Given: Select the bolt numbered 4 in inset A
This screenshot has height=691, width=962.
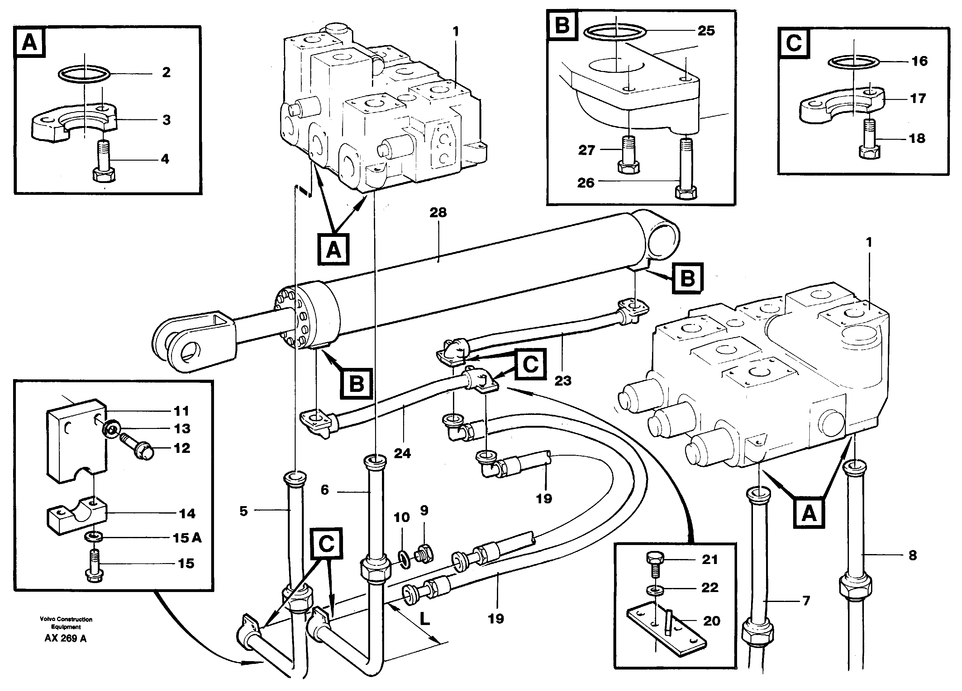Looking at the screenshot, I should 103,163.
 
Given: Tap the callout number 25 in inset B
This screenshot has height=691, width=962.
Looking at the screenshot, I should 706,31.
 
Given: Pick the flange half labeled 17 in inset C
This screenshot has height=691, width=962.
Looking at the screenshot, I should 842,105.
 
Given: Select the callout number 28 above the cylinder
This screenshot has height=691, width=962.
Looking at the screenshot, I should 438,212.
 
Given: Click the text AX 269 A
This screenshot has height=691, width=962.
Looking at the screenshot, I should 65,638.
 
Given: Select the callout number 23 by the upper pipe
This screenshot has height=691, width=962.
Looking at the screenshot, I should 562,381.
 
